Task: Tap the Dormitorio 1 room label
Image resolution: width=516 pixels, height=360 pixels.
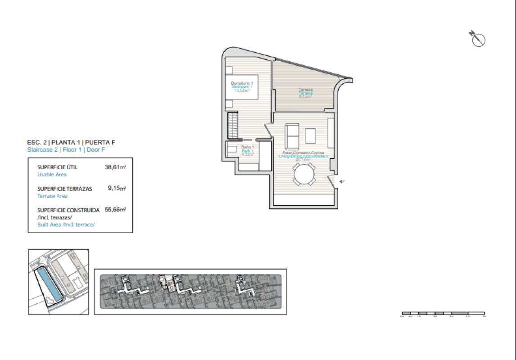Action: click(242, 83)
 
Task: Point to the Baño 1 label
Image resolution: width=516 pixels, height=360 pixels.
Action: click(247, 147)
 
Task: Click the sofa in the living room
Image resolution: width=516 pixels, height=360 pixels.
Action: click(291, 136)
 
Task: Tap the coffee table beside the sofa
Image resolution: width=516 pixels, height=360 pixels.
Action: click(311, 135)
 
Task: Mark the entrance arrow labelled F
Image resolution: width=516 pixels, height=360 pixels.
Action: click(342, 181)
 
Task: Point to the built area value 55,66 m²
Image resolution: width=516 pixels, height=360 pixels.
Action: click(115, 210)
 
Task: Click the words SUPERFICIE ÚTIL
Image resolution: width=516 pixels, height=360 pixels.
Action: click(57, 167)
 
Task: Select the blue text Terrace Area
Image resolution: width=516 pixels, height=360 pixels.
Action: click(52, 196)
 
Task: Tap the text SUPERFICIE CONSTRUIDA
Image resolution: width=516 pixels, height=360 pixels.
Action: click(68, 210)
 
